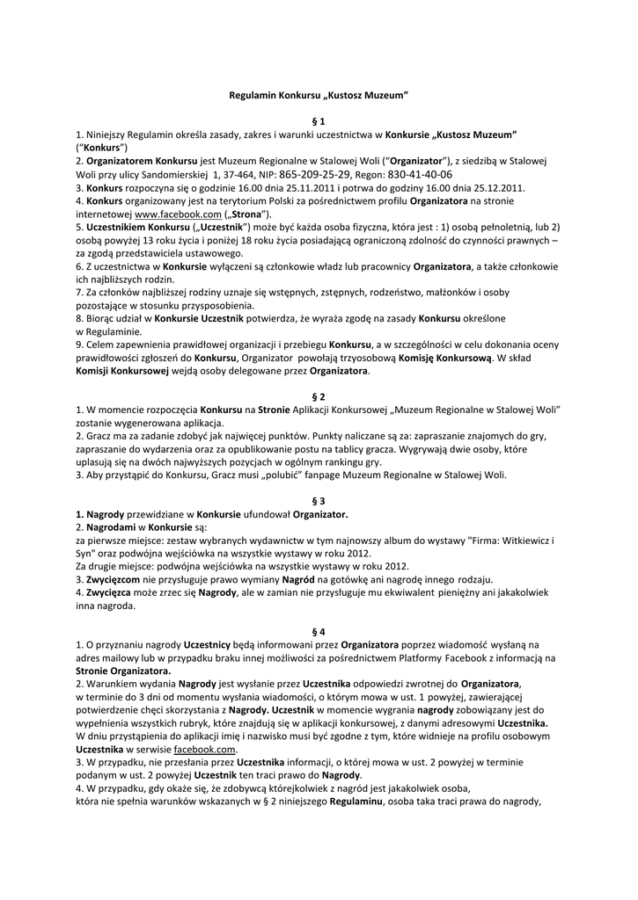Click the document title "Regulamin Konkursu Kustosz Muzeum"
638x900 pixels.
(x=319, y=93)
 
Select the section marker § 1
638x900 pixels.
(x=319, y=120)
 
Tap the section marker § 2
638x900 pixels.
(x=319, y=397)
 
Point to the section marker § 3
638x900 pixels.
(x=319, y=500)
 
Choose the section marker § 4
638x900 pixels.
(x=319, y=631)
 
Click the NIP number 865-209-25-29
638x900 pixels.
(x=314, y=175)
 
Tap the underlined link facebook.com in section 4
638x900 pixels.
(x=204, y=749)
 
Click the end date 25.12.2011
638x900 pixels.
(x=495, y=188)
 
